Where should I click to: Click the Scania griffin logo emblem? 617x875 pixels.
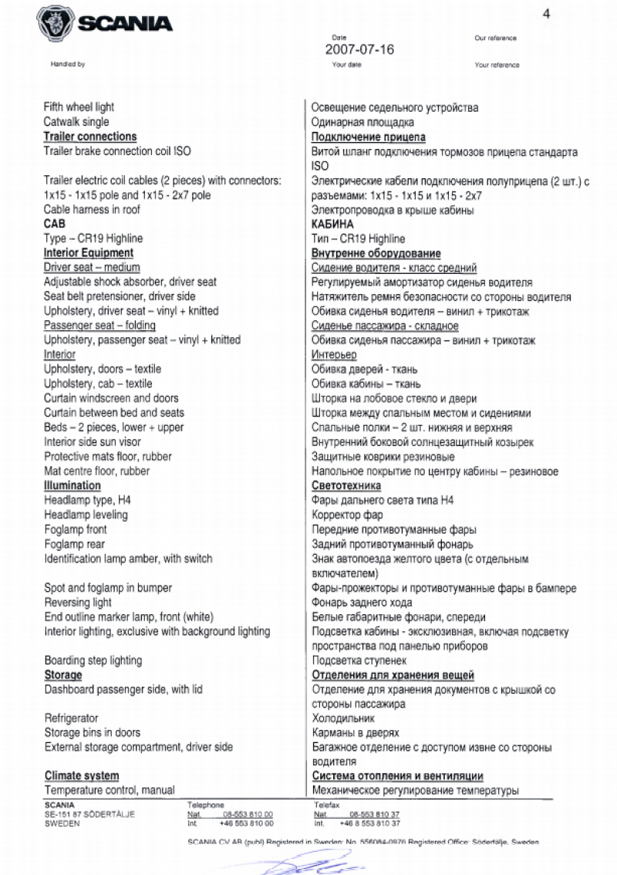(x=55, y=23)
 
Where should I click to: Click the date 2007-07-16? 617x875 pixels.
(x=359, y=49)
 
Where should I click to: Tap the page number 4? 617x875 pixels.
(x=547, y=13)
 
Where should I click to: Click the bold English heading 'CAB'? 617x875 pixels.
(x=55, y=224)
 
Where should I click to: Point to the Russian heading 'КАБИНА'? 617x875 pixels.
(x=332, y=224)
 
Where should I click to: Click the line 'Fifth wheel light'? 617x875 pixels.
(x=79, y=107)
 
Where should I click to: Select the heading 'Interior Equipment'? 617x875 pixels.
(x=89, y=253)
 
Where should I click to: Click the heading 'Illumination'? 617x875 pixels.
(x=72, y=485)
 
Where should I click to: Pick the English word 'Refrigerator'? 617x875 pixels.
(x=72, y=718)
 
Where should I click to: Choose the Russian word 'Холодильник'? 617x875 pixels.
(x=342, y=718)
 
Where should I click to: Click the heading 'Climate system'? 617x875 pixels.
(x=82, y=776)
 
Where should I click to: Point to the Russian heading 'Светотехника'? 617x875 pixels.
(x=346, y=485)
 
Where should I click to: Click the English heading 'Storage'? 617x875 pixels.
(x=63, y=675)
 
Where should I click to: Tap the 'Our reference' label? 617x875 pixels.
(x=496, y=39)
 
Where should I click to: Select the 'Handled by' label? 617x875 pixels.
(x=68, y=65)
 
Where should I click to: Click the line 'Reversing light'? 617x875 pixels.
(x=78, y=603)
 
